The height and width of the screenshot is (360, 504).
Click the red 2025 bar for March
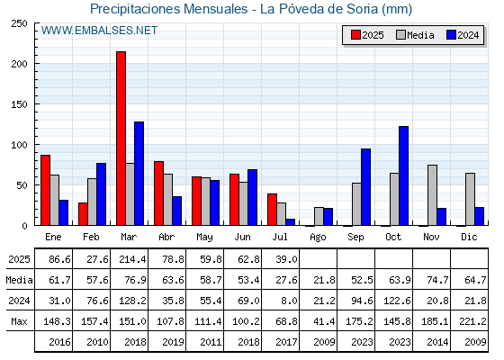point(121,139)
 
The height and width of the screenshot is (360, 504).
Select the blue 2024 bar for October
point(404,175)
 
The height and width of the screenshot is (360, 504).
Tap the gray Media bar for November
point(432,195)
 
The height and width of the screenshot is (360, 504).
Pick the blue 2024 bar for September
point(365,187)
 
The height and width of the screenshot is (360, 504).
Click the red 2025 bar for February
point(83,214)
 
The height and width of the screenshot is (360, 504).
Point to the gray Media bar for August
point(319,216)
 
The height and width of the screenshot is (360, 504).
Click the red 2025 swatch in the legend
point(355,35)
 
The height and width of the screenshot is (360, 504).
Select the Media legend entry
point(415,35)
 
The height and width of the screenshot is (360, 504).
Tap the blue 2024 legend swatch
point(451,35)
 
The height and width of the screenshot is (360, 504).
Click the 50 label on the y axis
point(22,185)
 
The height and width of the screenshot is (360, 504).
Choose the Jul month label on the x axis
point(280,237)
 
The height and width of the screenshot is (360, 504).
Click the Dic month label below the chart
point(469,237)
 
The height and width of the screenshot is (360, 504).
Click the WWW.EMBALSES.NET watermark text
point(99,31)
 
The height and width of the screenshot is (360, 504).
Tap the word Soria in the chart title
point(362,9)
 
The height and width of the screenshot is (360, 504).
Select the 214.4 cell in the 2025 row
point(132,259)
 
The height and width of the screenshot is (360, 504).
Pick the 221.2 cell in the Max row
point(472,321)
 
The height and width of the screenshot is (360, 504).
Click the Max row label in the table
point(19,321)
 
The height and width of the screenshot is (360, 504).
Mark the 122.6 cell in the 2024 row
point(397,301)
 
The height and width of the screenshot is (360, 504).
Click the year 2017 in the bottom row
point(286,342)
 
